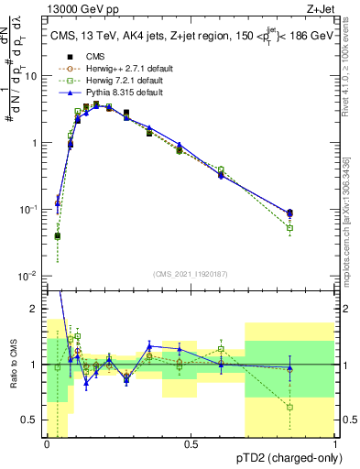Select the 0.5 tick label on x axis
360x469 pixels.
coord(191,444)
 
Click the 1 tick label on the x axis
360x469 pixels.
coord(335,444)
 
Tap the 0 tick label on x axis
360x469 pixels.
coord(48,444)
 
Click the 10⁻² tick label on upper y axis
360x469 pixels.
coord(30,276)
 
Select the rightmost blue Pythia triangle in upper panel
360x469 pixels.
coord(289,212)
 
